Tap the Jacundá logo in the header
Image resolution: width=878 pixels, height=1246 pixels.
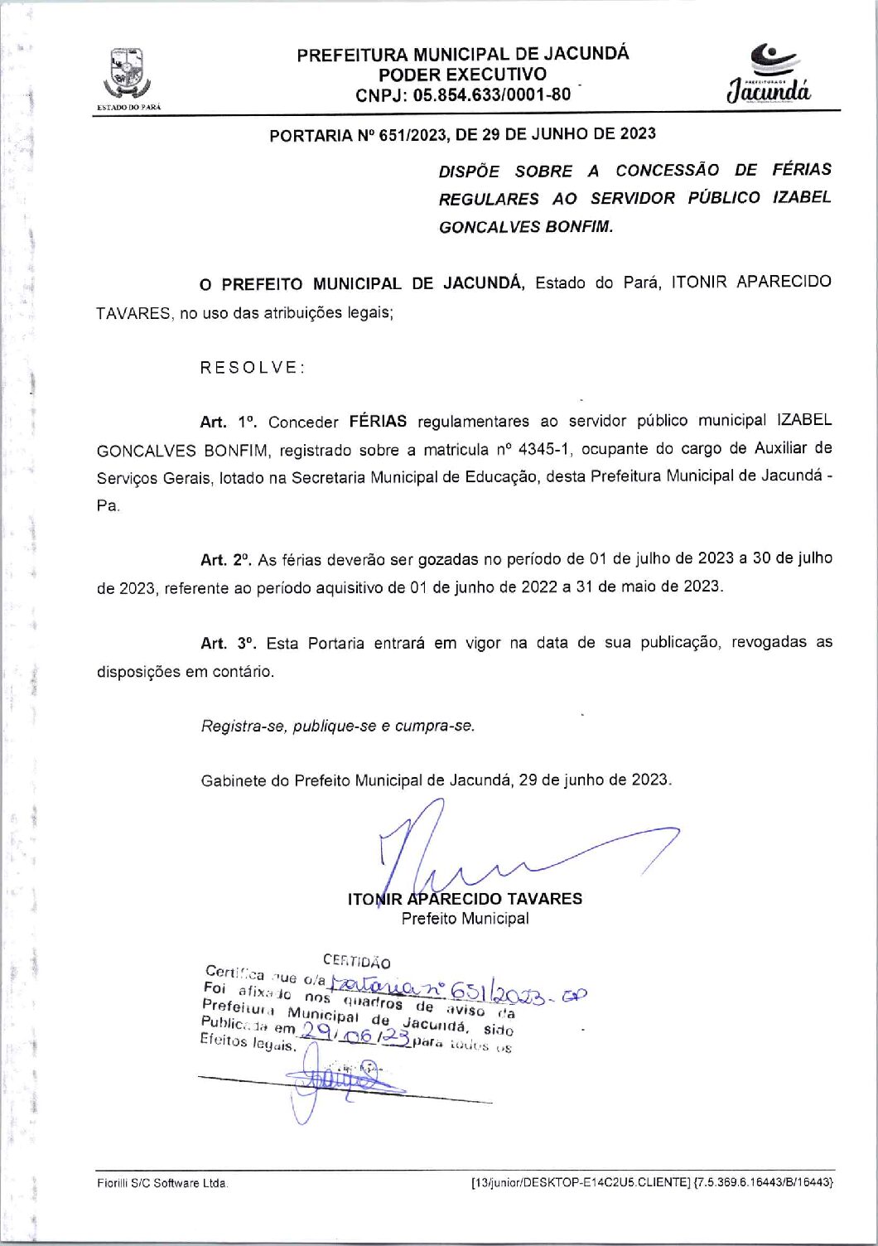pyautogui.click(x=769, y=75)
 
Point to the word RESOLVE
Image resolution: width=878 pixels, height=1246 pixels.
pyautogui.click(x=253, y=367)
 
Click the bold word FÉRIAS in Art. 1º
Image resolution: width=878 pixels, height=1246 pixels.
pyautogui.click(x=378, y=421)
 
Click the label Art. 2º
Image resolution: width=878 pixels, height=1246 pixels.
pyautogui.click(x=225, y=559)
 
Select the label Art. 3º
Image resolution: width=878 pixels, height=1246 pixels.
pyautogui.click(x=228, y=643)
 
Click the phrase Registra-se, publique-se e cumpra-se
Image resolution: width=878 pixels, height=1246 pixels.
pyautogui.click(x=338, y=726)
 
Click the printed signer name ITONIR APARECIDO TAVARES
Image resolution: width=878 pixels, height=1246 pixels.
pyautogui.click(x=465, y=899)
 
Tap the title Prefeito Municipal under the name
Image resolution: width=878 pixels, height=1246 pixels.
pyautogui.click(x=465, y=918)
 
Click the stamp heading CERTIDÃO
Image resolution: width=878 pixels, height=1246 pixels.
pyautogui.click(x=356, y=961)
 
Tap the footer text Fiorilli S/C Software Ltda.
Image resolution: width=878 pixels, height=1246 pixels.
pyautogui.click(x=162, y=1183)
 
